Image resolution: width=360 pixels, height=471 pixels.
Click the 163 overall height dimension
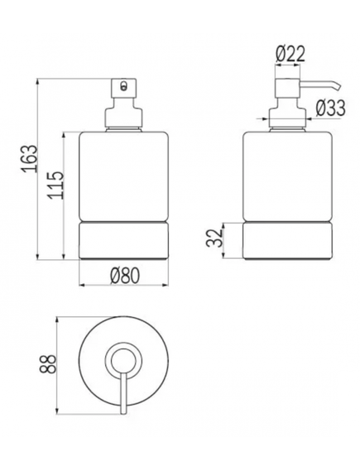coord(30,159)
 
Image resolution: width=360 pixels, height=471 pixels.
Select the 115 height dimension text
coord(55,185)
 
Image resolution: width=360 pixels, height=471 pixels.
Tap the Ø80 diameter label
coord(125,275)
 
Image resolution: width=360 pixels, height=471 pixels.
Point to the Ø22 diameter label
coord(290,54)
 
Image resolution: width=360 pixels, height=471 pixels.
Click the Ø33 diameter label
coord(330,108)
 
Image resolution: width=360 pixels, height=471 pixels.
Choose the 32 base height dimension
coord(214,238)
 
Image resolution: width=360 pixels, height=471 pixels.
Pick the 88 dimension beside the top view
coord(48,363)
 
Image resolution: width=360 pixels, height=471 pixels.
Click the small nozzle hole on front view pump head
coord(122,86)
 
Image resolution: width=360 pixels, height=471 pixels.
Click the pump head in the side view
coord(288,88)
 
